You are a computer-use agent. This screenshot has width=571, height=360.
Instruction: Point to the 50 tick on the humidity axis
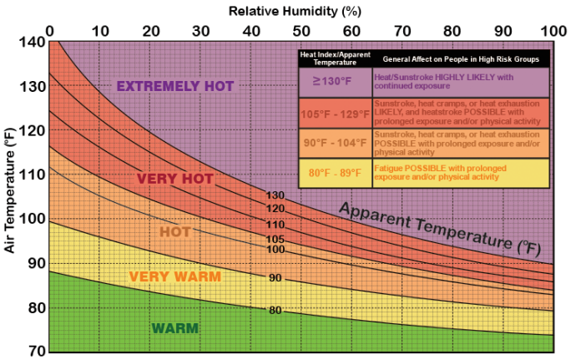(x=301, y=31)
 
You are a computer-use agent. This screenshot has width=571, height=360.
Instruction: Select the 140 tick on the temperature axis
(x=32, y=42)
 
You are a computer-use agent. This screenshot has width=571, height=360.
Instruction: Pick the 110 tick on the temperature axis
(x=32, y=174)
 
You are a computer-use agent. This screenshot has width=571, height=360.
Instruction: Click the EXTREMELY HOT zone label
(x=174, y=86)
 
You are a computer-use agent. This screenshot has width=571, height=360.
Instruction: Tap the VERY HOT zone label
(x=174, y=179)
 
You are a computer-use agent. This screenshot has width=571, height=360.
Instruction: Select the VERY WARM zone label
(x=174, y=276)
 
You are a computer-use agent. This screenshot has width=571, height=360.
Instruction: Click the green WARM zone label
(x=174, y=327)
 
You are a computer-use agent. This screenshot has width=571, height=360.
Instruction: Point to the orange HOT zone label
(x=174, y=232)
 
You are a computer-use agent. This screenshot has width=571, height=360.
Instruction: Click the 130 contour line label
(x=275, y=195)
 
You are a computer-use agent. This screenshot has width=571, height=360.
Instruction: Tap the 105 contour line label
(x=275, y=239)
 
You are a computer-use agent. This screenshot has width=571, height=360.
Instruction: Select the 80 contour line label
(x=275, y=311)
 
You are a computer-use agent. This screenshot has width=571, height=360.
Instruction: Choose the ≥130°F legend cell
(x=333, y=82)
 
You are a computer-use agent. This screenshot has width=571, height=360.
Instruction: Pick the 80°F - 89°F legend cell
(x=333, y=173)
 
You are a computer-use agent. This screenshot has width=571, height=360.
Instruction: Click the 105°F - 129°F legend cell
(x=333, y=113)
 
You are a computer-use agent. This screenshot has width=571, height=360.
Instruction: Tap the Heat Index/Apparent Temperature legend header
(x=333, y=59)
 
